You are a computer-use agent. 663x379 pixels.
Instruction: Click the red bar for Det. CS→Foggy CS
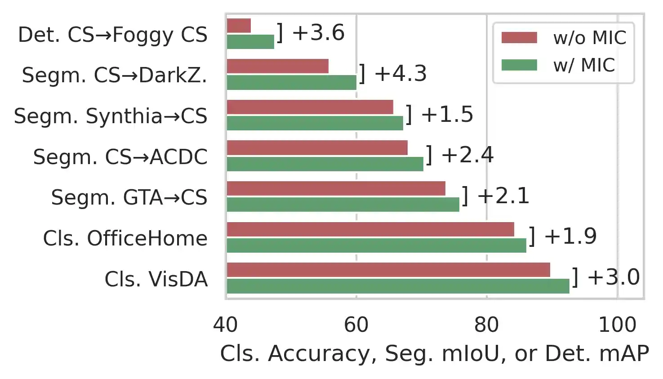click(x=239, y=26)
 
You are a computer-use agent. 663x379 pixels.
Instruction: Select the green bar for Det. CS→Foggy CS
click(x=250, y=42)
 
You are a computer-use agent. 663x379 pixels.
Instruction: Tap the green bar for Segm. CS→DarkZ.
click(x=291, y=82)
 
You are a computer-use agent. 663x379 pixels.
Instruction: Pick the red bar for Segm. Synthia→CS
click(x=310, y=107)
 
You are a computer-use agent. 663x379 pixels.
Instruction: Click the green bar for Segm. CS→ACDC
click(x=325, y=164)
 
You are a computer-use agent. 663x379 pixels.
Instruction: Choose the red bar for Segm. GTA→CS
click(x=336, y=188)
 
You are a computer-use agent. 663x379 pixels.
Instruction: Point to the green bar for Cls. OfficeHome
click(x=376, y=245)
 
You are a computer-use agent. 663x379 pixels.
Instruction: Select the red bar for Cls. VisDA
click(x=388, y=270)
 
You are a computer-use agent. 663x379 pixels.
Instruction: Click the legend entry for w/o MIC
click(x=589, y=38)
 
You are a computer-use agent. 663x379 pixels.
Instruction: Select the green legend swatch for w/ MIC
click(x=519, y=65)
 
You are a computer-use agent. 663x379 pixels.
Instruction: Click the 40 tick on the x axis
click(x=226, y=325)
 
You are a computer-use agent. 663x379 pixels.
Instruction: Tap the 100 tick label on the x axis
click(x=617, y=325)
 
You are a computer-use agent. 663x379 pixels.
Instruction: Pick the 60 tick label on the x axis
click(x=356, y=325)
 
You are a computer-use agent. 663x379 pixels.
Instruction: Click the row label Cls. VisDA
click(x=156, y=279)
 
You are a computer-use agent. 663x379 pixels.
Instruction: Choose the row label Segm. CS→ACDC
click(x=120, y=157)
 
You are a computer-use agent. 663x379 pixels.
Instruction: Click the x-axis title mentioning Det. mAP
click(x=434, y=354)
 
